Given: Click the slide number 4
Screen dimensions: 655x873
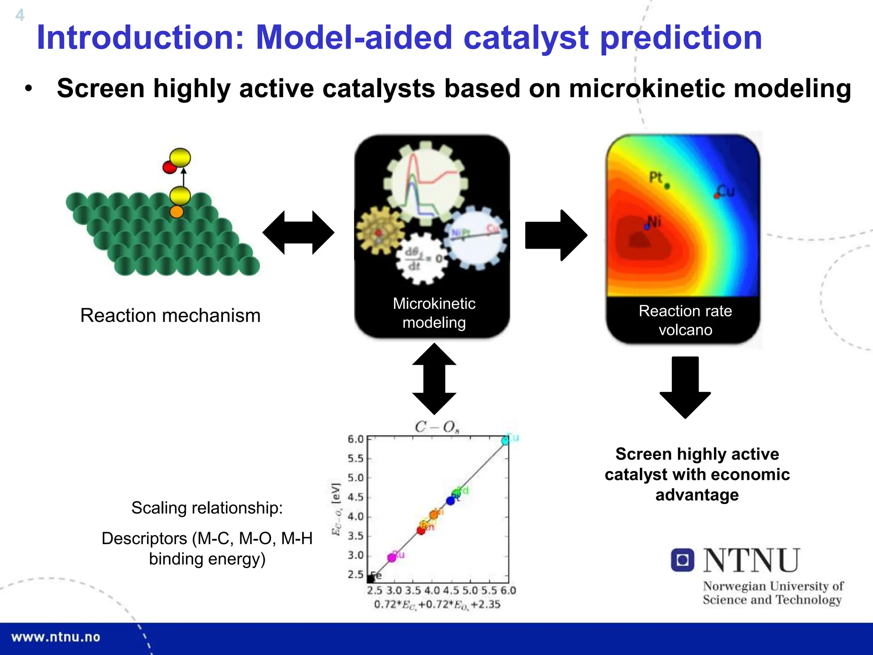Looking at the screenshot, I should point(20,15).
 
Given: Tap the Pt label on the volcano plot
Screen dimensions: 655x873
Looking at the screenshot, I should point(656,177).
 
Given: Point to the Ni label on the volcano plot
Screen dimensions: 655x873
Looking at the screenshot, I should point(654,221).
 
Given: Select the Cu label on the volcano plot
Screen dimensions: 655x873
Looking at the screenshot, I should point(726,191).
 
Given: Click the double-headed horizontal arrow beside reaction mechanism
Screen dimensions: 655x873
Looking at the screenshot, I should point(298,232).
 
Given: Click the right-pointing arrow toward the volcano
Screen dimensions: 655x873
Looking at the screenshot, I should point(556,235).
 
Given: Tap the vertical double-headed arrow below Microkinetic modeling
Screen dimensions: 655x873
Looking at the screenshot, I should point(434,379).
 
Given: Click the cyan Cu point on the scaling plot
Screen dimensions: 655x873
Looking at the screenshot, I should point(506,441).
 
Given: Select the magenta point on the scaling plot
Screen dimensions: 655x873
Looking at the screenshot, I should point(392,557).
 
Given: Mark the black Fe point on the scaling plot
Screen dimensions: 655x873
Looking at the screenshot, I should point(371,579).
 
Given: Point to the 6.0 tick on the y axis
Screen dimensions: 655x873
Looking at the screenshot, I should point(356,439).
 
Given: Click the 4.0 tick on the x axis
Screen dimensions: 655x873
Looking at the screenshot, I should point(432,591).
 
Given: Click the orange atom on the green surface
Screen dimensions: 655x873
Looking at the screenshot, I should point(176,212).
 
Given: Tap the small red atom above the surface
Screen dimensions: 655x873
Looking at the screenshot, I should point(169,167).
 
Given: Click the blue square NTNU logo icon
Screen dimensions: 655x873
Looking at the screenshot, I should point(682,560).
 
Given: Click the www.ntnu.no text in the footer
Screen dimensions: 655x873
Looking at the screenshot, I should point(56,637).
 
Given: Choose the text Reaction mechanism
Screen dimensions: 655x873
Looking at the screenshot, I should point(170,316).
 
